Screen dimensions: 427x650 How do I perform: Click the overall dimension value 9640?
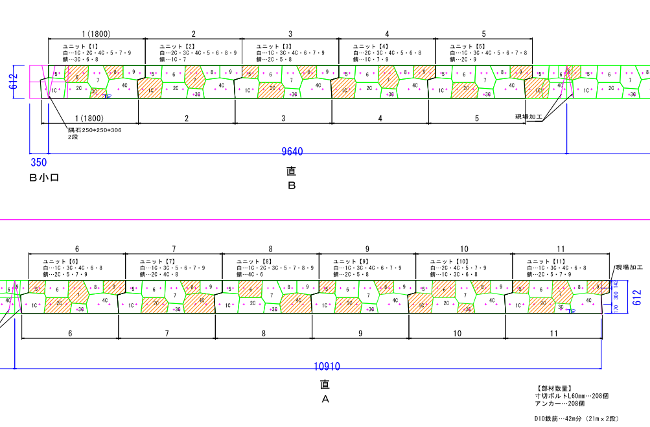click(x=292, y=152)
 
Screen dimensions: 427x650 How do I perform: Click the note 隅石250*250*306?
click(x=95, y=130)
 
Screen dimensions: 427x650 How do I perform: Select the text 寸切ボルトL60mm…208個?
click(x=572, y=395)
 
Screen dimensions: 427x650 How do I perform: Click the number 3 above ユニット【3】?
click(x=290, y=34)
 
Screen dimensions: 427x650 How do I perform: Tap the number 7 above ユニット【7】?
click(x=174, y=249)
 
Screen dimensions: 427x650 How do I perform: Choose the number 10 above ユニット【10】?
click(x=464, y=249)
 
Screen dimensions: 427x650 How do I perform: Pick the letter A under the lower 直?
click(x=325, y=399)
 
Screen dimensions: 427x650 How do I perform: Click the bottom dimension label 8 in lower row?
click(x=264, y=333)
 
